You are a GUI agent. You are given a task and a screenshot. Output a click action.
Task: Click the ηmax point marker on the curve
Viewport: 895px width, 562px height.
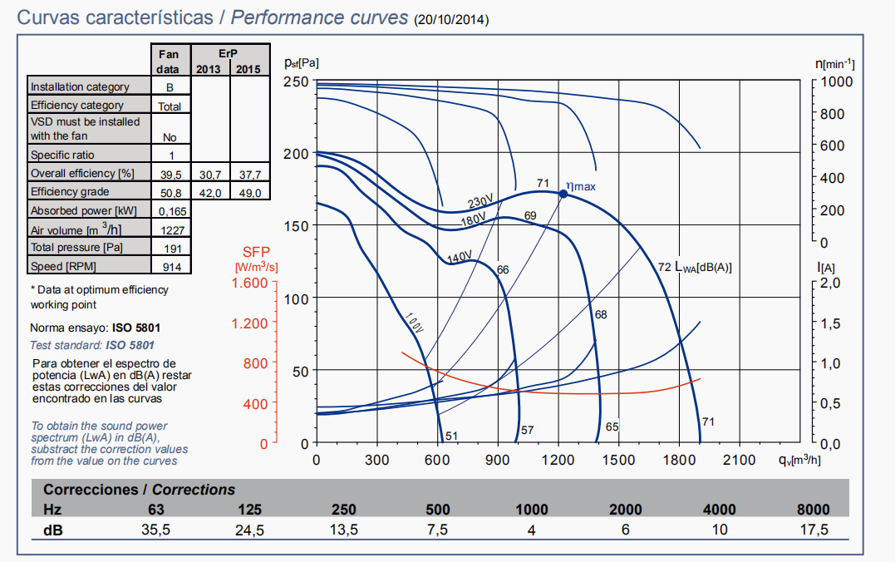coord(563,194)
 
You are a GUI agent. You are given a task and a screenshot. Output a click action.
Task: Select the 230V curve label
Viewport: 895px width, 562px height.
coord(480,202)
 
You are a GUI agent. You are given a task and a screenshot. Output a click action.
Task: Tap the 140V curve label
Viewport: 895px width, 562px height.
coord(460,258)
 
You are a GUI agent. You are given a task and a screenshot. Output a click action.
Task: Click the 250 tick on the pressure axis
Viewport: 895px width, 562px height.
coord(296,81)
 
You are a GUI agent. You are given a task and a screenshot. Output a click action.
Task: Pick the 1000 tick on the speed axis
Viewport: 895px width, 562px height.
coord(835,81)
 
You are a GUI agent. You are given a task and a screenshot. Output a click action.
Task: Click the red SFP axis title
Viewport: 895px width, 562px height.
coord(256,252)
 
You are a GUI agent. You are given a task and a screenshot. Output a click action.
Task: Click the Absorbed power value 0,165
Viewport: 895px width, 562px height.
coord(171,211)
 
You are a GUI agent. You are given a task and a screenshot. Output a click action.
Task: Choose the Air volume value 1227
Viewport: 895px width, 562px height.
coord(171,230)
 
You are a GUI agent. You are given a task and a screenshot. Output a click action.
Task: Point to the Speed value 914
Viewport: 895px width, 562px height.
coord(171,267)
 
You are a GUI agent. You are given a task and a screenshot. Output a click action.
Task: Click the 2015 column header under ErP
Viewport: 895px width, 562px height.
coord(248,69)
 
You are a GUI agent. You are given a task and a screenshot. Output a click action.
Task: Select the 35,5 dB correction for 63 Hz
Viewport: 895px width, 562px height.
coord(154,530)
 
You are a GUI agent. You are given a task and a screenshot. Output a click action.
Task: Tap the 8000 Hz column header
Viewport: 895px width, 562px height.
coord(813,510)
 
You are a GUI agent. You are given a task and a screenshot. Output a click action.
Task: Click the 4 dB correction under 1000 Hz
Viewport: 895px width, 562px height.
coord(531,530)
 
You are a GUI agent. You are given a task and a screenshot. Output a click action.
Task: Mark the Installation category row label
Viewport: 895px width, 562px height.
coord(80,87)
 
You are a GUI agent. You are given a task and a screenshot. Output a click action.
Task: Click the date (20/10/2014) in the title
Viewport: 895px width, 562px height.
coord(451,19)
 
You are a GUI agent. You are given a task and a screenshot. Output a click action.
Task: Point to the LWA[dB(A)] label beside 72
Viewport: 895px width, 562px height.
coord(702,268)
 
